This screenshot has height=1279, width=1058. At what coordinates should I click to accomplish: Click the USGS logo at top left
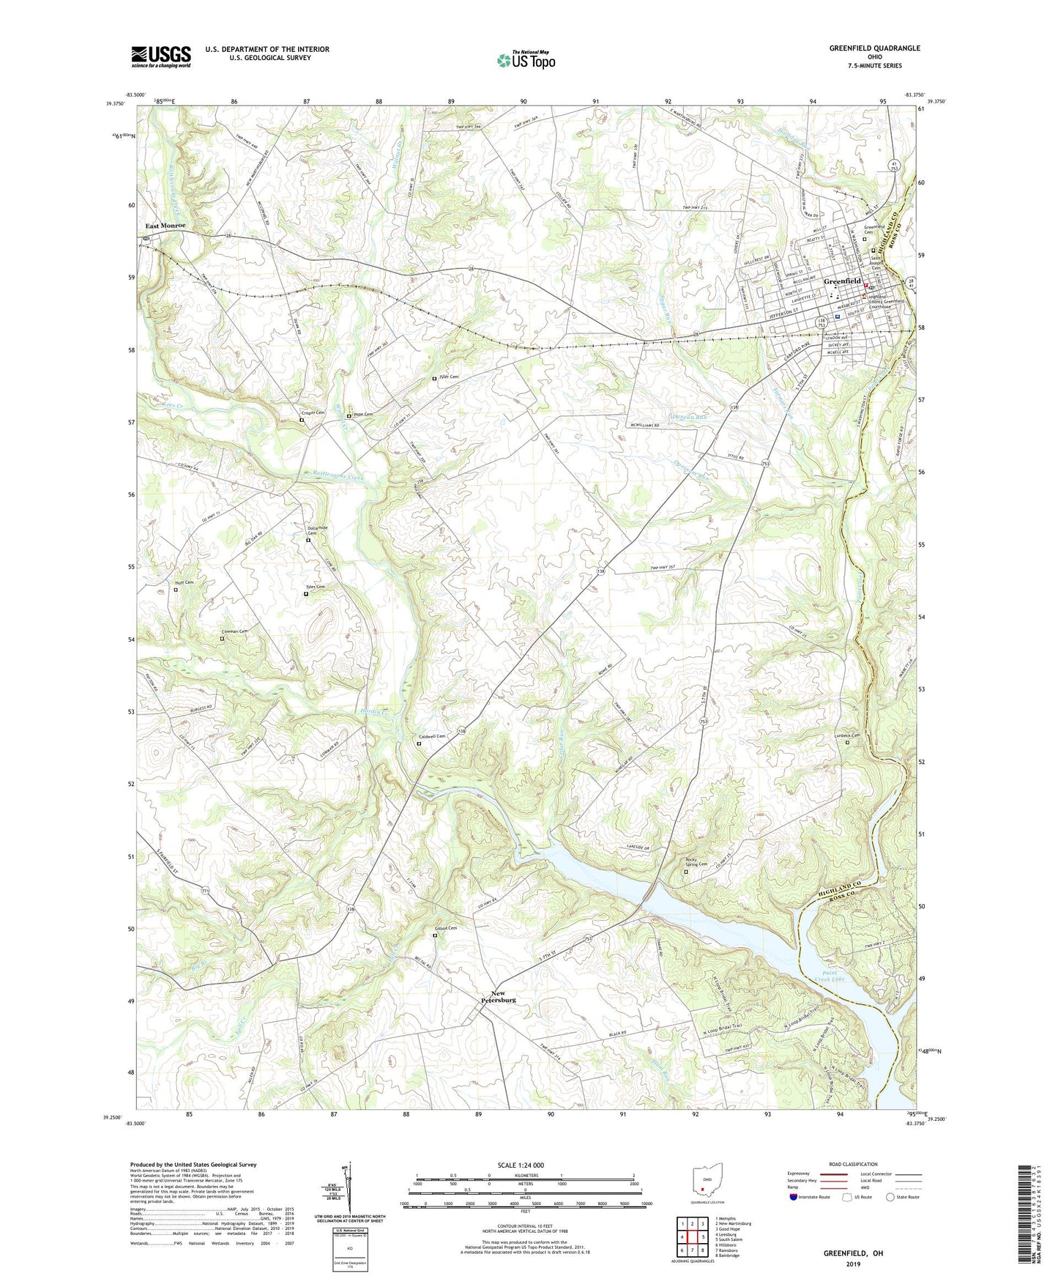click(161, 56)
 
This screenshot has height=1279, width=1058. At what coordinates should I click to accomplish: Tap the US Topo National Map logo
click(525, 59)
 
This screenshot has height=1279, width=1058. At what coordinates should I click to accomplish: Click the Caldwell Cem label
click(431, 737)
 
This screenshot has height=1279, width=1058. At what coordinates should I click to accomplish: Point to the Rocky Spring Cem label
click(696, 863)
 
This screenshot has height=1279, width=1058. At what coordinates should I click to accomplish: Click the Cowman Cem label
click(235, 631)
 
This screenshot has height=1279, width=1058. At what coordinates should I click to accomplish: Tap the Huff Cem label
click(184, 582)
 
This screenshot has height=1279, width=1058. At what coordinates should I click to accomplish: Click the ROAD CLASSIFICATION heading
click(853, 1164)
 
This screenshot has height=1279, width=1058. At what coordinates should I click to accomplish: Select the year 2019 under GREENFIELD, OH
click(853, 1264)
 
